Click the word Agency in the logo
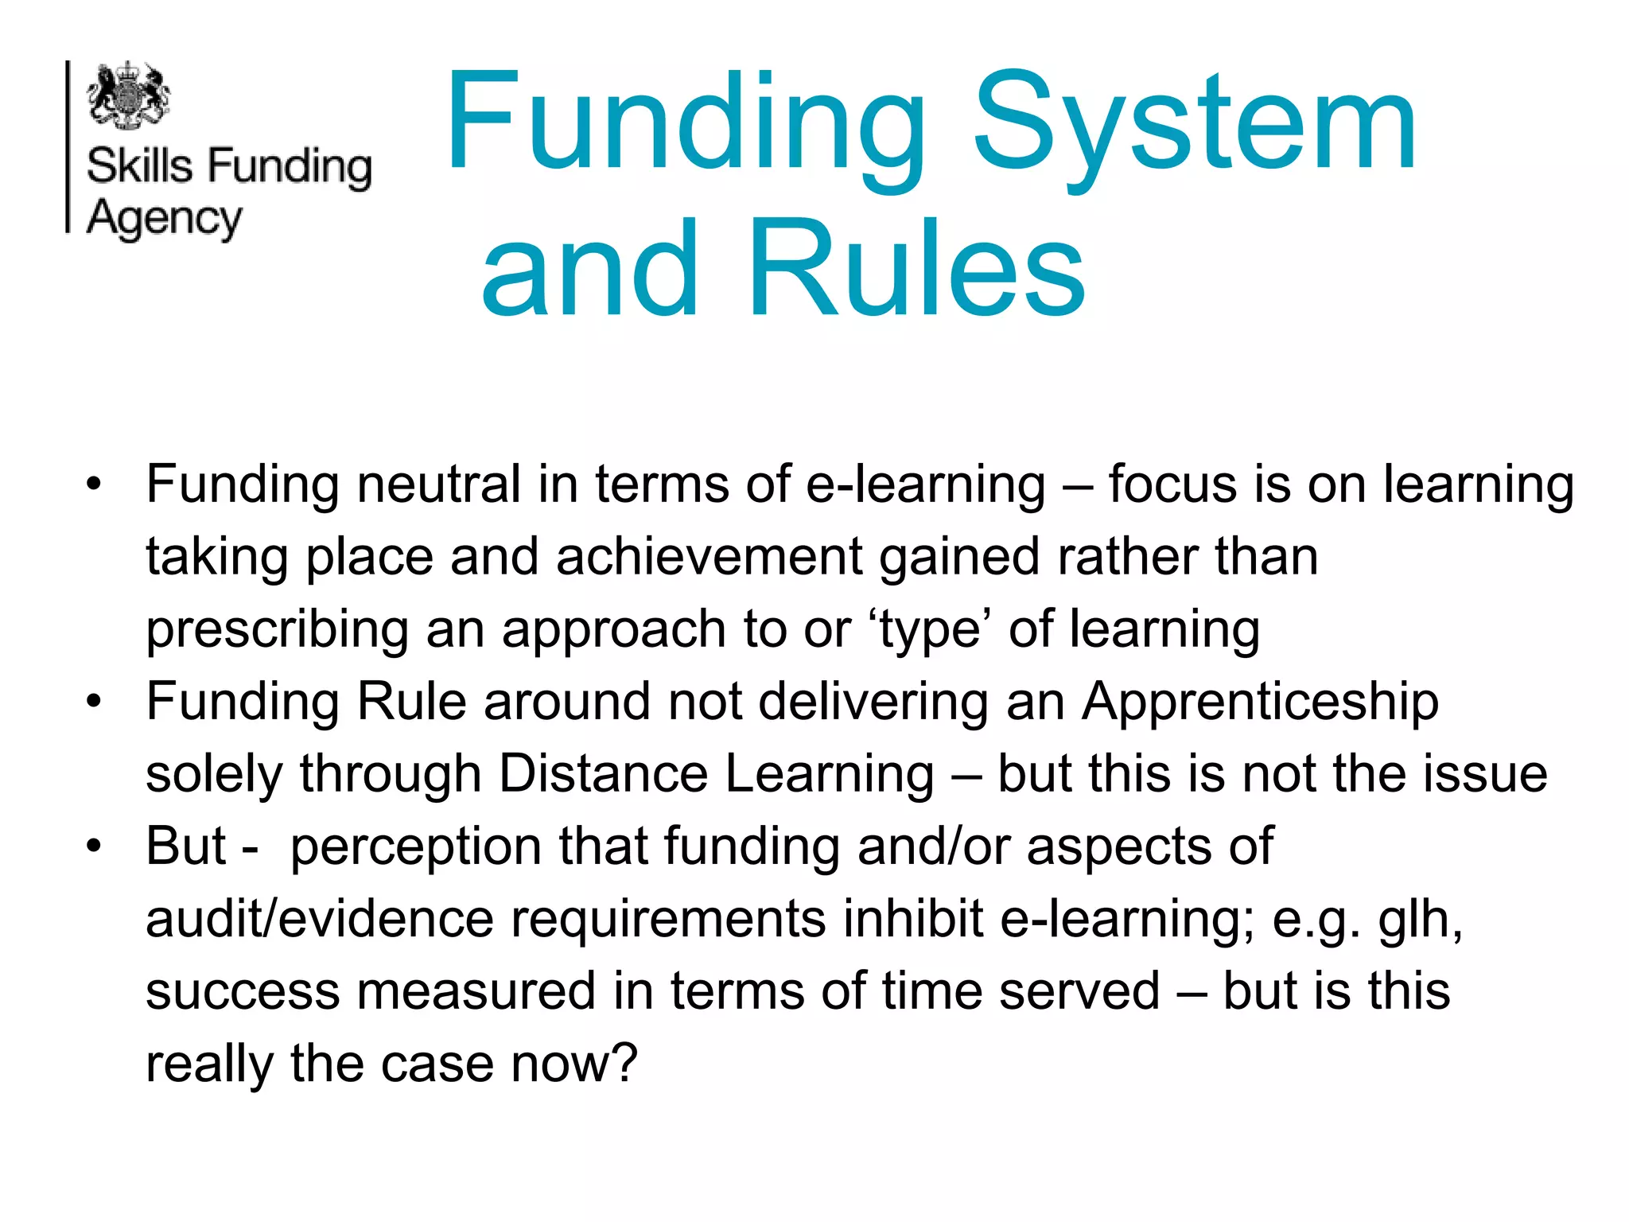pos(164,219)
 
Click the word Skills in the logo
pos(140,167)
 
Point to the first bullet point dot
pos(95,484)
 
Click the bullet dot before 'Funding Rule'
pos(95,701)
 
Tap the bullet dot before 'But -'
pos(95,846)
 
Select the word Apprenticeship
pos(1261,702)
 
